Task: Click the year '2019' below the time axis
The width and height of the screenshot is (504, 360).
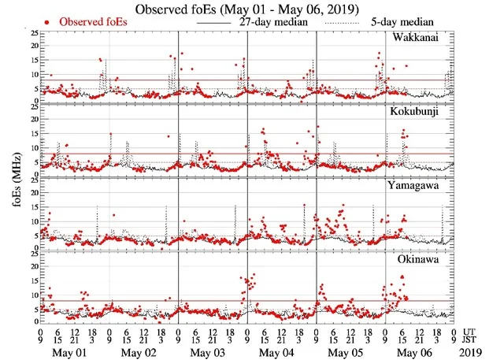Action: click(475, 348)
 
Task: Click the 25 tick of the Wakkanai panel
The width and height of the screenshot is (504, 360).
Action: click(31, 34)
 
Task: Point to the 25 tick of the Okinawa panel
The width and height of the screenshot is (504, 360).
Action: click(31, 253)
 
